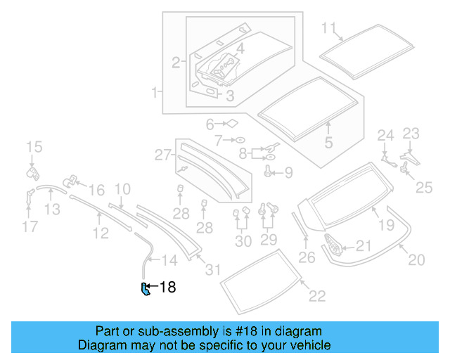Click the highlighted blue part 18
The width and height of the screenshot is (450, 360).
point(145,289)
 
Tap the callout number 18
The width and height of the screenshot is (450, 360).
point(167,287)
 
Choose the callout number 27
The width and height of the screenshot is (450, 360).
point(163,155)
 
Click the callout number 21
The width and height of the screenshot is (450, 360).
point(363,245)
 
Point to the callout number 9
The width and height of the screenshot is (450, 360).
point(288,172)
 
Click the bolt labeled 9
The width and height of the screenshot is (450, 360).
point(269,172)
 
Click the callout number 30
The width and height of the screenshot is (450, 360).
point(243,241)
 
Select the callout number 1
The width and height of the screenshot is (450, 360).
point(155,92)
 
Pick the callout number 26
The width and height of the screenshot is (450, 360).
point(307,257)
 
